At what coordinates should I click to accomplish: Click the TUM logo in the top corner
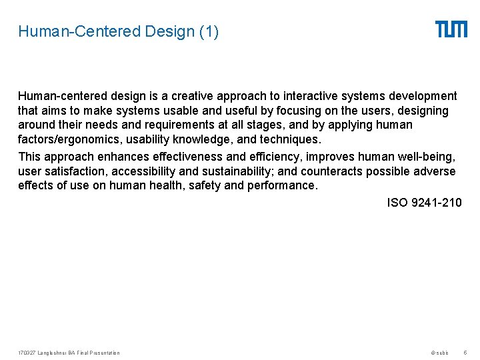(x=451, y=29)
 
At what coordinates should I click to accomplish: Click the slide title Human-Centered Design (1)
(x=118, y=31)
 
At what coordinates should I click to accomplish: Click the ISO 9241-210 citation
(x=424, y=202)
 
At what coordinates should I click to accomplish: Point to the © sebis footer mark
(x=440, y=353)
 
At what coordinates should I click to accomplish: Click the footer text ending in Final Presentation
(x=69, y=353)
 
